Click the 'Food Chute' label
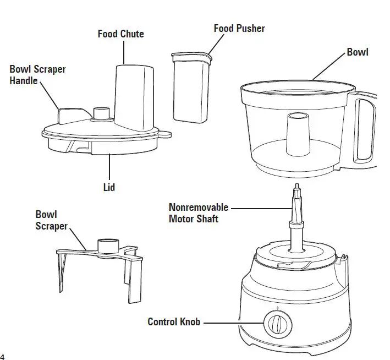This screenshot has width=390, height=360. tap(120, 34)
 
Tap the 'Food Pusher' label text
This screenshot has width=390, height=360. tap(239, 28)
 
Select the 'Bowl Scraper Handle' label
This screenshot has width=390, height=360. tap(37, 75)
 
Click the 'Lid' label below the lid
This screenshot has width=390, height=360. tap(109, 187)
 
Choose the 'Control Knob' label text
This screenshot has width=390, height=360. tap(173, 321)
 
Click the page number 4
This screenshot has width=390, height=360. tap(3, 354)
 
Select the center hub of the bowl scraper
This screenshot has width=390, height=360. tap(108, 246)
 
